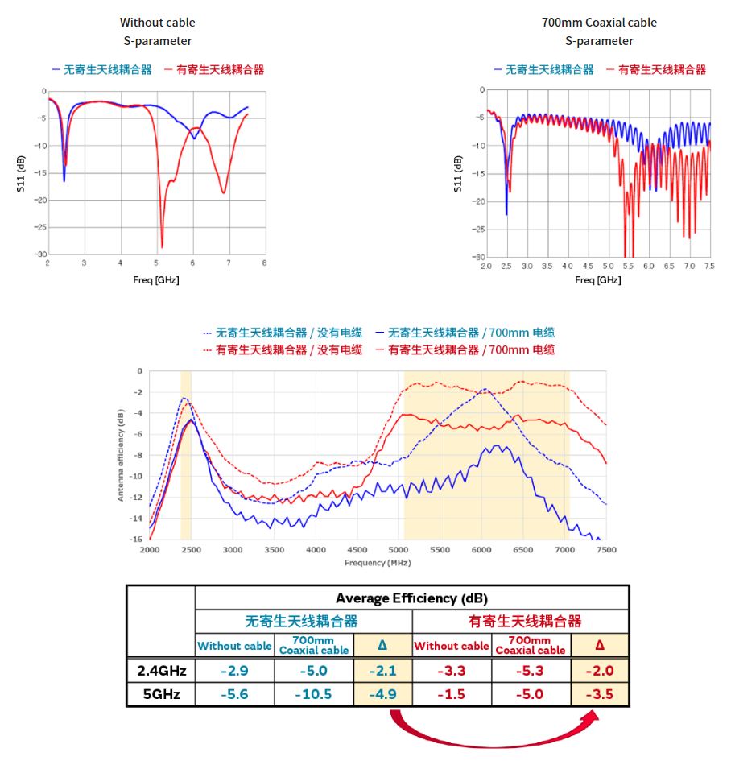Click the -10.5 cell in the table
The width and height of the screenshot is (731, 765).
pos(313,695)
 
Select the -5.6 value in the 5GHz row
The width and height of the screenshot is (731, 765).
pos(234,695)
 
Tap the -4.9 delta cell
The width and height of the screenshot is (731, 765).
pos(382,695)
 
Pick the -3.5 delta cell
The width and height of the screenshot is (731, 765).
pos(599,695)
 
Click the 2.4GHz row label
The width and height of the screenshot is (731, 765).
pos(160,671)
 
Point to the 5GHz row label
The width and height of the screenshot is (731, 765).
pos(160,695)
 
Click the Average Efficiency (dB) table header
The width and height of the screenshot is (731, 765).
pos(411,598)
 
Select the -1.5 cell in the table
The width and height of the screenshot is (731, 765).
pos(451,695)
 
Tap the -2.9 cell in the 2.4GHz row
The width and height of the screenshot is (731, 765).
pos(234,671)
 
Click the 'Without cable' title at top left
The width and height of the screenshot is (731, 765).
pos(157,23)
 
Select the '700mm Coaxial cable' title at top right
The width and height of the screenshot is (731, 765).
pos(599,23)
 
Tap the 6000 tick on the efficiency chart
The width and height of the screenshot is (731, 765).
pos(481,550)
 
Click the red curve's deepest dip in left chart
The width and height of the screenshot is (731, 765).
pos(162,246)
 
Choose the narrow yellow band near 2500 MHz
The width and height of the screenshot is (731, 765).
pos(186,454)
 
